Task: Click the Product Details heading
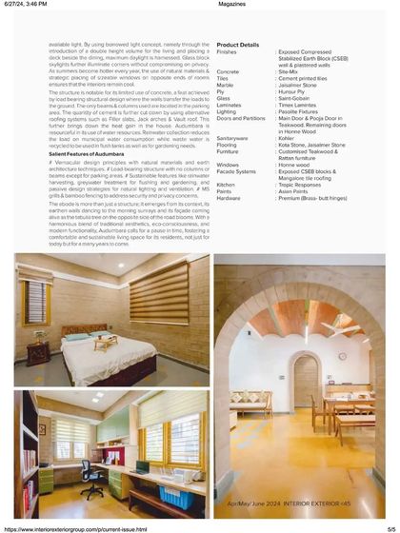point(237,45)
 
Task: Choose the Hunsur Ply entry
point(291,91)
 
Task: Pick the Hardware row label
point(229,197)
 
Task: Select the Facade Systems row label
point(236,170)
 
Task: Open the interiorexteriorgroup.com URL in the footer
point(76,528)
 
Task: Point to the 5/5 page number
point(390,528)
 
